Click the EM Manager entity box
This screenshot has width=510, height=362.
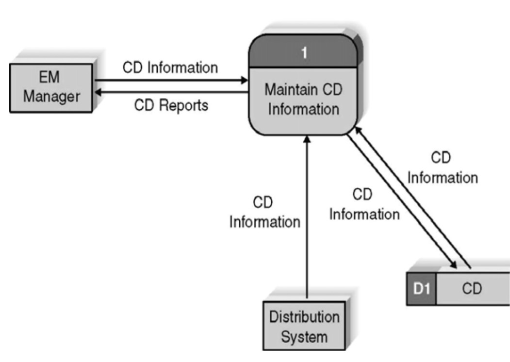(51, 87)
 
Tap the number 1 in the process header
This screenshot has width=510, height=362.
(304, 53)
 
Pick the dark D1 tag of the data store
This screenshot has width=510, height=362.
(420, 289)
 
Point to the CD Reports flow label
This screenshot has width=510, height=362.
(171, 105)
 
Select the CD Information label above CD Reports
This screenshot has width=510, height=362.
(170, 67)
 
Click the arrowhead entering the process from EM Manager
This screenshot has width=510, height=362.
(244, 81)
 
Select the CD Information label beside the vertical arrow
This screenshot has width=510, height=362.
(264, 212)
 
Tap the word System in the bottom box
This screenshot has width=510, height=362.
(304, 336)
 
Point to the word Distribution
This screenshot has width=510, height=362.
(304, 317)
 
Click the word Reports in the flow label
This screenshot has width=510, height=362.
(182, 105)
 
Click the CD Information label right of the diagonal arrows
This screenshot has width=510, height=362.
(442, 168)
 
